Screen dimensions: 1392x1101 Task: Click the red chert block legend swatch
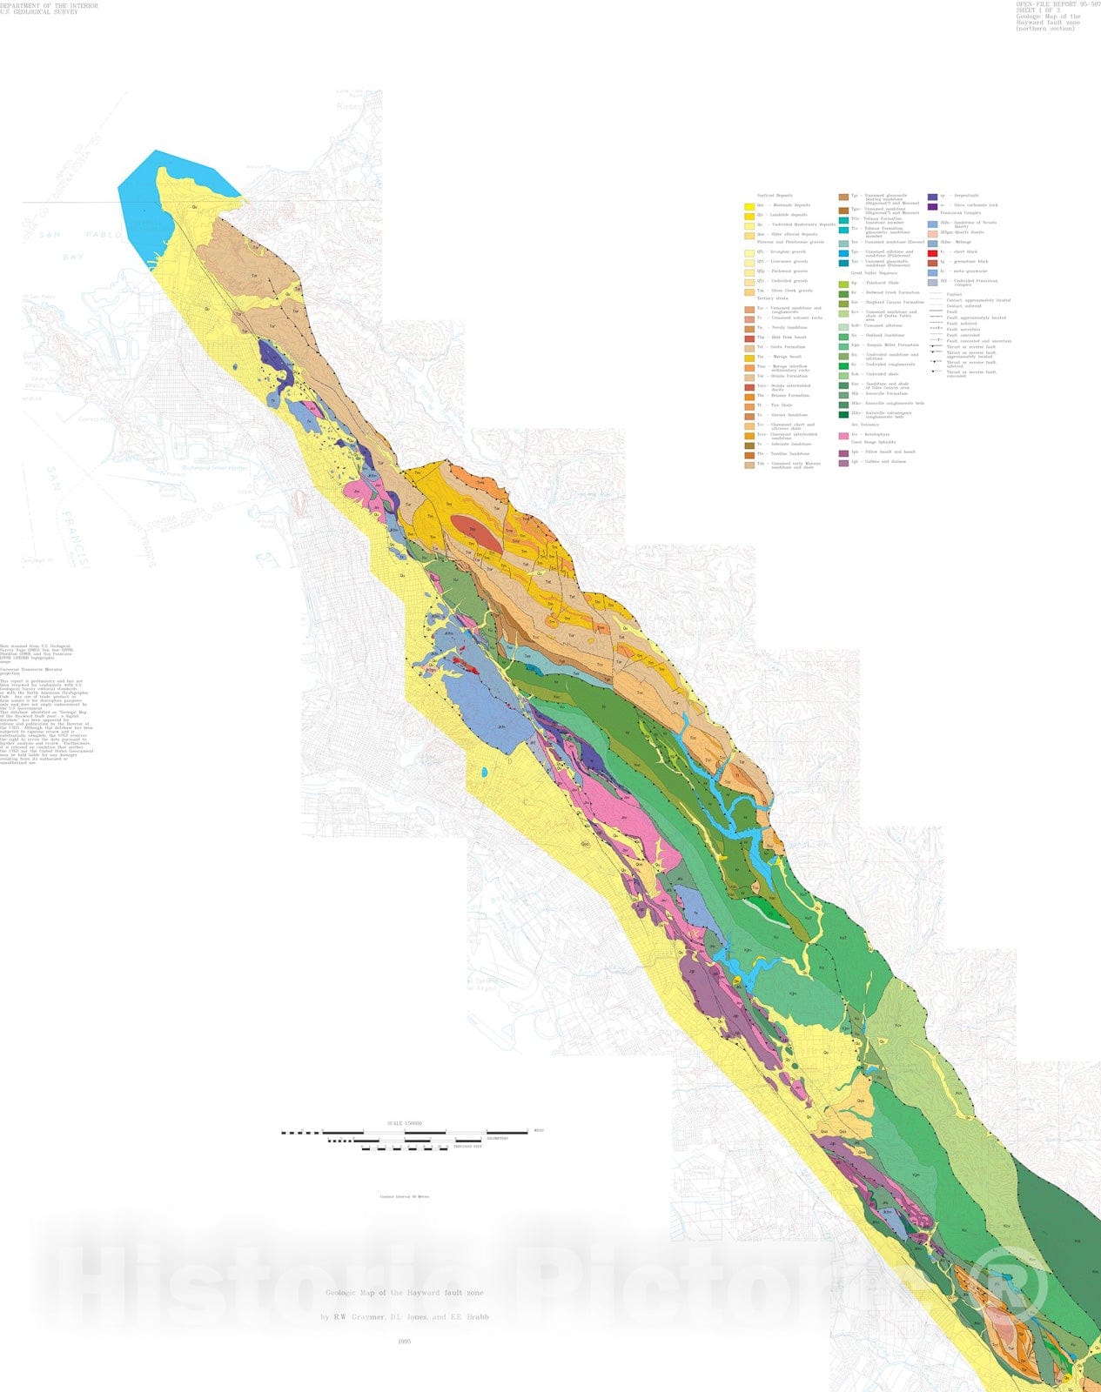point(933,251)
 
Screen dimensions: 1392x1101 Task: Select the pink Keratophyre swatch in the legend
point(843,435)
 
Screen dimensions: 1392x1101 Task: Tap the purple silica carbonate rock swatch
point(933,206)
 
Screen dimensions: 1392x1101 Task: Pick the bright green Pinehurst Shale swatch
point(843,284)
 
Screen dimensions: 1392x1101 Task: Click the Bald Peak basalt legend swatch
point(749,338)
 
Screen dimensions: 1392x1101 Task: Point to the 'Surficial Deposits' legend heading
point(775,196)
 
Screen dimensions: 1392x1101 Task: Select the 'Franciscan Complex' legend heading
point(961,213)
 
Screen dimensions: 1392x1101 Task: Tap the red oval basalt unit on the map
point(475,538)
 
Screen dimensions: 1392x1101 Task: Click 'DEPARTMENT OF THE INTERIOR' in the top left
point(49,5)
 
